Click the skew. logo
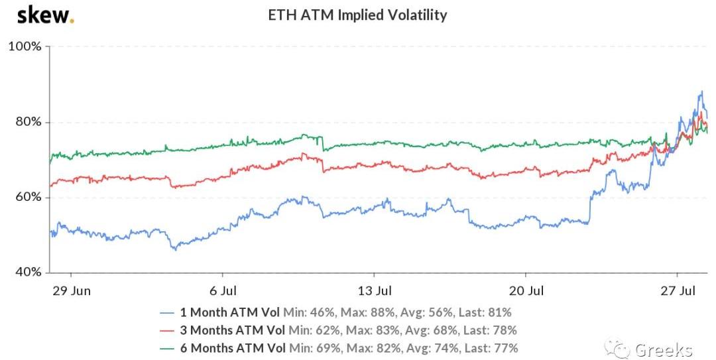pos(45,15)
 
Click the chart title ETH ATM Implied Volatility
pos(357,15)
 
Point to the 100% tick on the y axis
pos(25,47)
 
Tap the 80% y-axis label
pos(27,122)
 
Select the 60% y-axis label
pos(27,198)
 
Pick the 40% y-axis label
pos(27,272)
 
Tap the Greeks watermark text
pos(664,349)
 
